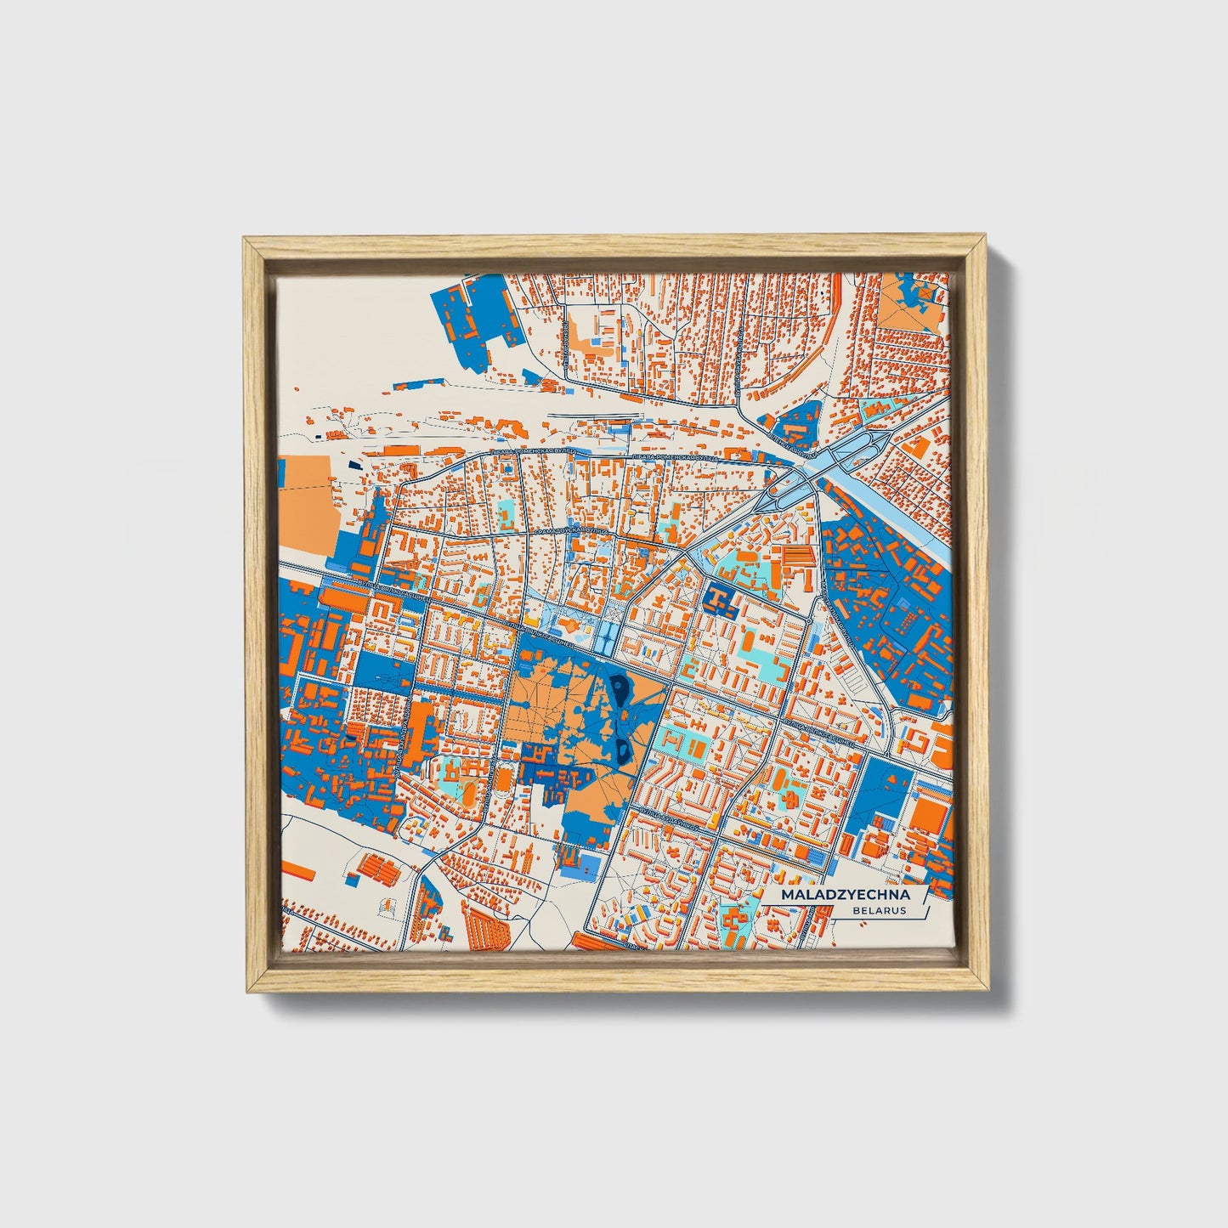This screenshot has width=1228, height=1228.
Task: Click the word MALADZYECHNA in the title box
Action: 846,895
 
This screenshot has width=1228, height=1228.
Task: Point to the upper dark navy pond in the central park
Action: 620,688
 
